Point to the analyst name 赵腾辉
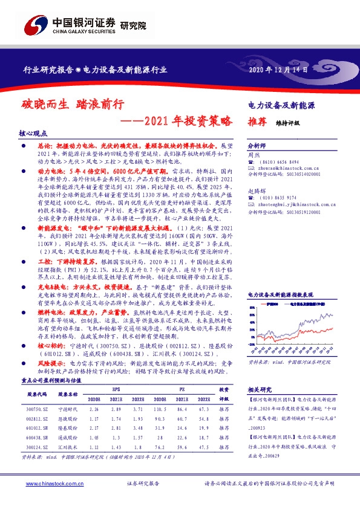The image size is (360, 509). (258, 207)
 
